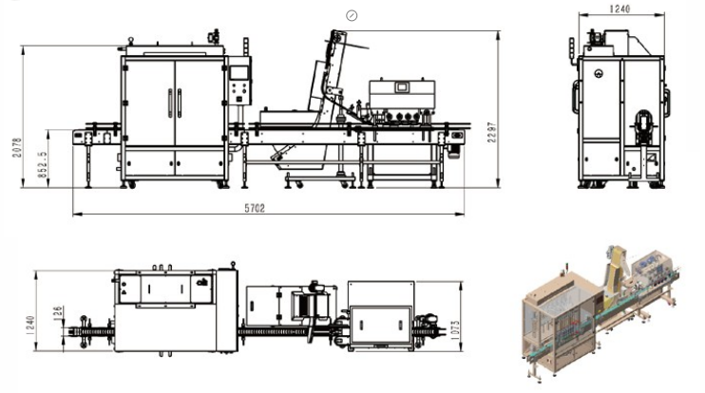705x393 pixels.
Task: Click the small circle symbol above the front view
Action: (352, 15)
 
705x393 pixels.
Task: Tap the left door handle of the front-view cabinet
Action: (170, 103)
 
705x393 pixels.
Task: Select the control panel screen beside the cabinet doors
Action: (239, 70)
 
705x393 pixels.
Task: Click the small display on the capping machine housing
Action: (402, 87)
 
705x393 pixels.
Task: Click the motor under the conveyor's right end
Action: (457, 140)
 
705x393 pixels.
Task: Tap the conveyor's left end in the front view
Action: (80, 134)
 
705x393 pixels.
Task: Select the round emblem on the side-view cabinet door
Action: (599, 74)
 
